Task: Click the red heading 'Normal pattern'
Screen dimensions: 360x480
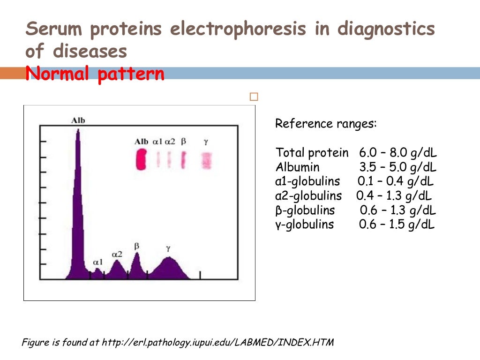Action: pos(95,74)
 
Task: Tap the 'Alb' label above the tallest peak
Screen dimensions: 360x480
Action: pos(78,120)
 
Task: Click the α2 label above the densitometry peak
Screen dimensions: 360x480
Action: pos(117,254)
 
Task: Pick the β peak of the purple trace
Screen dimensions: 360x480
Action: pos(137,255)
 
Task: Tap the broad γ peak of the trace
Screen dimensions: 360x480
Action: pos(169,259)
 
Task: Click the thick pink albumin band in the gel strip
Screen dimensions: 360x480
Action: pos(141,160)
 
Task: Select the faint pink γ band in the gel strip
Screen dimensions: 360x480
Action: pos(206,160)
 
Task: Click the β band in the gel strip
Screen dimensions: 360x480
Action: pos(183,160)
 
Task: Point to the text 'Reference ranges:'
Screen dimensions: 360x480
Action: pos(326,124)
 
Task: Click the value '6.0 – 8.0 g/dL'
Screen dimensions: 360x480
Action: pos(398,153)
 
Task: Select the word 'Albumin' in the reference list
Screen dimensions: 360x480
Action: pos(298,167)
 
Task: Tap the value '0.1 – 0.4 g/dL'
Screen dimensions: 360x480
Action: pos(396,181)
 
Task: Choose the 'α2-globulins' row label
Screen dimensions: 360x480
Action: pos(308,195)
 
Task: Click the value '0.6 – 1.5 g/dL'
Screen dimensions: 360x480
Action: pos(397,225)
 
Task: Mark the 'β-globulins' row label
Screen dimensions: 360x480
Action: pos(305,210)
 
